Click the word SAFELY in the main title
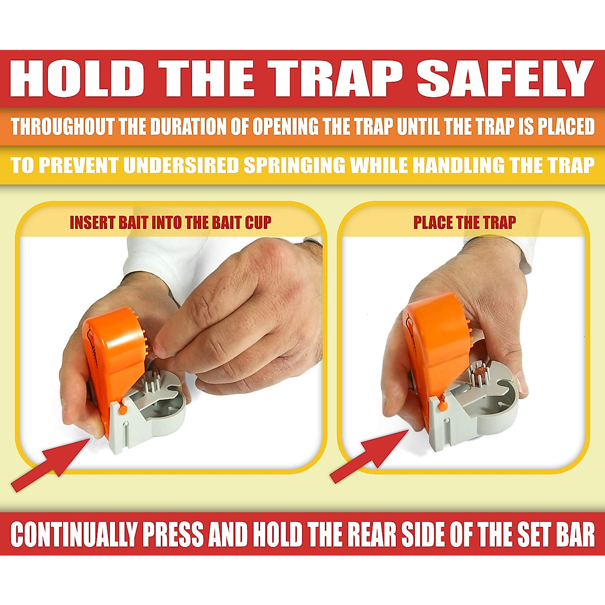click(x=504, y=79)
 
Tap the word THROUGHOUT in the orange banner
click(x=64, y=127)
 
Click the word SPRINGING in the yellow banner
click(x=295, y=165)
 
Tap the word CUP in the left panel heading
click(x=258, y=223)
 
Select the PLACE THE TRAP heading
click(x=464, y=223)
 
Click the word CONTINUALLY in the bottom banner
click(x=74, y=534)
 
